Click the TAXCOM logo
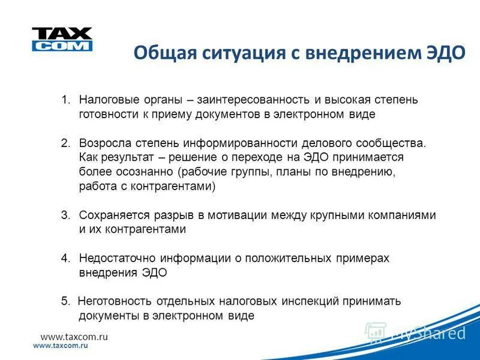coord(62,39)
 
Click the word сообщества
coord(394,143)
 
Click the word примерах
coord(362,258)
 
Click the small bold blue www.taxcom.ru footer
coord(61,347)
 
